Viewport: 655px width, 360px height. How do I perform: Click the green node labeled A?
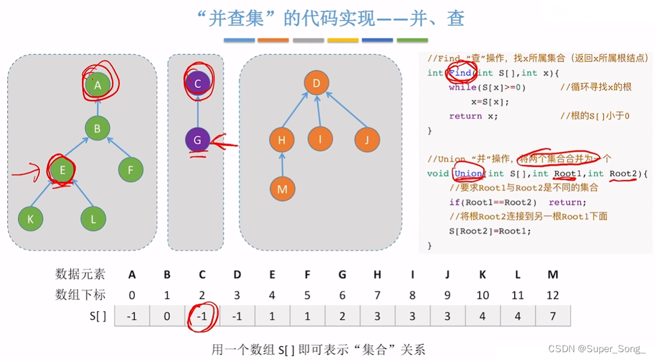click(97, 85)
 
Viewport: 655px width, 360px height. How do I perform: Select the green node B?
click(97, 128)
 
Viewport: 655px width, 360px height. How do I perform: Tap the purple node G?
click(197, 141)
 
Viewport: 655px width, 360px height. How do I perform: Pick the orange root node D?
click(316, 83)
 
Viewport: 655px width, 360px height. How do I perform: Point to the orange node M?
click(282, 189)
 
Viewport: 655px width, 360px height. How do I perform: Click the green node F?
click(131, 171)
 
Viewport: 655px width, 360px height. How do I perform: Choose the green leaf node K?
click(31, 219)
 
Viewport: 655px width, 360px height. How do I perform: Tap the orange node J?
click(367, 140)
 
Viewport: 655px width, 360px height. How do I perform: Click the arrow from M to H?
click(282, 165)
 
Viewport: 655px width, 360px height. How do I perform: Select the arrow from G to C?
click(197, 112)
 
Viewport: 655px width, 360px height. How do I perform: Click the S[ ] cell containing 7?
click(553, 316)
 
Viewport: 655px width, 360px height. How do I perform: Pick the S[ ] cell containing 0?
click(167, 316)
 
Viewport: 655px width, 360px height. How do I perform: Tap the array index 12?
click(553, 295)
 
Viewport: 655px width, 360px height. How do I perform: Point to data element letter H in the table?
click(377, 274)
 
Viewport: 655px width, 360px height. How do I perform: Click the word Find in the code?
click(460, 73)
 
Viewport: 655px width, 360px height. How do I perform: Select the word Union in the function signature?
click(468, 174)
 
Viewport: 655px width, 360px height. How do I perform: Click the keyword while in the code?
click(462, 87)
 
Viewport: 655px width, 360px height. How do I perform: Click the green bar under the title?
click(412, 40)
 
